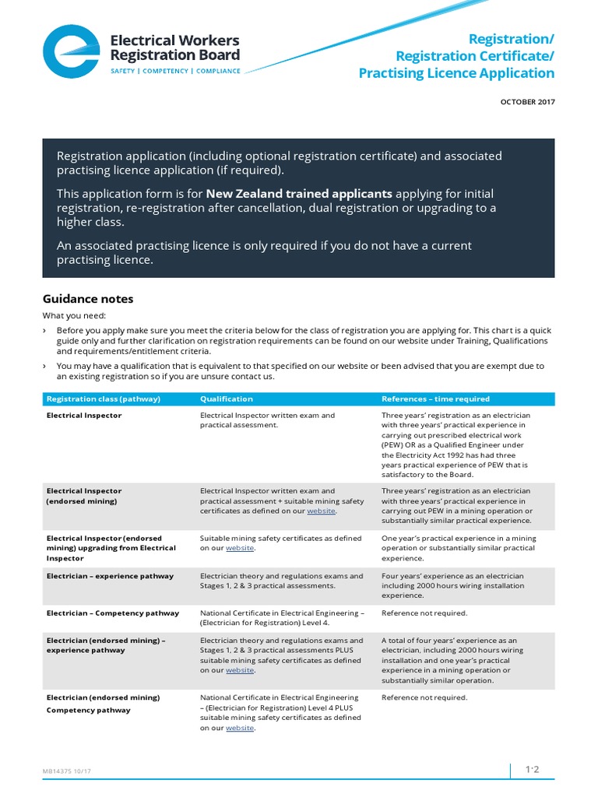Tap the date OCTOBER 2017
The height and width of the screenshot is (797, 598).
coord(527,101)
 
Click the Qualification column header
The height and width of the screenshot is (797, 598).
coord(227,398)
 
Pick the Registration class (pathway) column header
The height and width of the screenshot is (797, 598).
coord(103,398)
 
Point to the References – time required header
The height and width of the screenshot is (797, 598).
coord(435,398)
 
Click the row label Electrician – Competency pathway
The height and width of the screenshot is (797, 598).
coord(112,613)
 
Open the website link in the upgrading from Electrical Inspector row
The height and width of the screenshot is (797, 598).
coord(240,548)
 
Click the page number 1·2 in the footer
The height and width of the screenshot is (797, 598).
coord(533,770)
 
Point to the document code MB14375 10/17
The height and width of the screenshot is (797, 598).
coord(72,771)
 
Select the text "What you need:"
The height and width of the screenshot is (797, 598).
coord(73,315)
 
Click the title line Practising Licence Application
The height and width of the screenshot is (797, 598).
coord(456,73)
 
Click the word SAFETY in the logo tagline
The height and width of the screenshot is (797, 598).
coord(122,71)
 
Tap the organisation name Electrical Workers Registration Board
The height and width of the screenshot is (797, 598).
coord(175,47)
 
